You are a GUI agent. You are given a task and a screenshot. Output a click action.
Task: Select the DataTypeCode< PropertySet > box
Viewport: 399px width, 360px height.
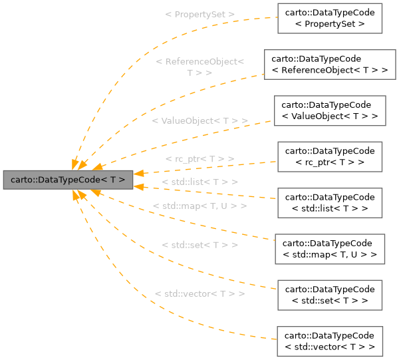[330, 18]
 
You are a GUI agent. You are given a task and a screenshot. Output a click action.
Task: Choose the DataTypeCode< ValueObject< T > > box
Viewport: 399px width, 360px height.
[330, 110]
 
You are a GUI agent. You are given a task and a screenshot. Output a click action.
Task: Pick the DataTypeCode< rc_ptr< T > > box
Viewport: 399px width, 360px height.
[330, 157]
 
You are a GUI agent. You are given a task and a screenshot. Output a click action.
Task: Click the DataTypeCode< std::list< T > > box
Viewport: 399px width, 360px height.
[330, 203]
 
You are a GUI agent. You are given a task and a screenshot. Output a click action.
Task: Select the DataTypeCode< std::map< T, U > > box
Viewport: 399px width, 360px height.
[330, 250]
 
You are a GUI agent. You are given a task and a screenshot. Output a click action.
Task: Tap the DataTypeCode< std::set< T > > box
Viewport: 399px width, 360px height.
[330, 295]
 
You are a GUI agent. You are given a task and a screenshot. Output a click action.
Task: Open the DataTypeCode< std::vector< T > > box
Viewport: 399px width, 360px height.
[330, 342]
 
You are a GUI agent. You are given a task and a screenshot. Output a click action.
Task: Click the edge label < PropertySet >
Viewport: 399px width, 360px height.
[199, 14]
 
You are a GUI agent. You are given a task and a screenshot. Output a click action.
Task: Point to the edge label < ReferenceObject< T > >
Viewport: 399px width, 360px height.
[199, 67]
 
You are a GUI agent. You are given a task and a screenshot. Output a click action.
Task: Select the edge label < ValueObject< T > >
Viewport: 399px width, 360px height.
[199, 120]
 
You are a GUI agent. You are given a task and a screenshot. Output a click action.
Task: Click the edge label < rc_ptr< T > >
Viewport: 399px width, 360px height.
[199, 159]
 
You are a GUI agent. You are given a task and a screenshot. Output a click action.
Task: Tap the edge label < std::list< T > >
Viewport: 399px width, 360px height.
[199, 182]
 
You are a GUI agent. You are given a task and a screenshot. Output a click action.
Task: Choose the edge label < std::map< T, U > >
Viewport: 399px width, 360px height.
[199, 206]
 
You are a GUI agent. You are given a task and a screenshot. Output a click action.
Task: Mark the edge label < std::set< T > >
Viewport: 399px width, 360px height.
[199, 245]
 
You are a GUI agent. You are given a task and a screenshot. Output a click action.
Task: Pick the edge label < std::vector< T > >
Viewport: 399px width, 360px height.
[199, 293]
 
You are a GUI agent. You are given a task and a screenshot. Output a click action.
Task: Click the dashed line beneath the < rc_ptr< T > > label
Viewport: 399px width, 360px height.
[199, 169]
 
